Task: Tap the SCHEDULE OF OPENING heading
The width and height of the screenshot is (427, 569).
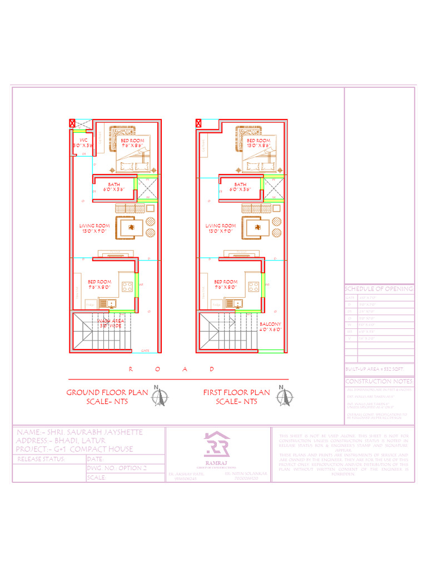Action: coord(379,289)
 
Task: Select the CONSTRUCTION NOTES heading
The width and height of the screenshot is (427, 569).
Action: coord(379,381)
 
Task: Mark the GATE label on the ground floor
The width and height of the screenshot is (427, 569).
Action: coord(145,351)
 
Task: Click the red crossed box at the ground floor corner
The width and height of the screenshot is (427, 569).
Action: coord(72,123)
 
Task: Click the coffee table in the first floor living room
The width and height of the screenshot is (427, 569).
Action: coord(256,226)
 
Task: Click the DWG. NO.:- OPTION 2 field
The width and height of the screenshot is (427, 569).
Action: coord(117,468)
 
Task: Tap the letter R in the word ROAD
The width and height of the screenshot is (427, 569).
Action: coord(131,369)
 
